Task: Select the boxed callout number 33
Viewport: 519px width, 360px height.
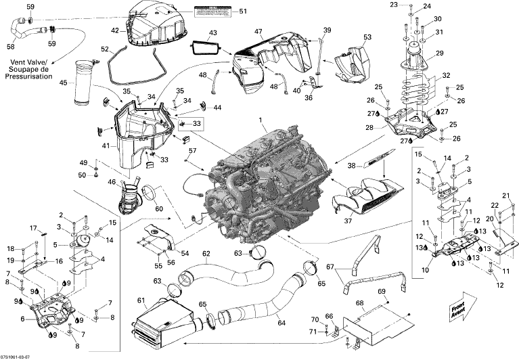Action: tap(197, 124)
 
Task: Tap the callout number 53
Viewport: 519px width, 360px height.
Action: tap(367, 37)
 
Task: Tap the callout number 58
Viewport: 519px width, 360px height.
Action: tap(10, 47)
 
